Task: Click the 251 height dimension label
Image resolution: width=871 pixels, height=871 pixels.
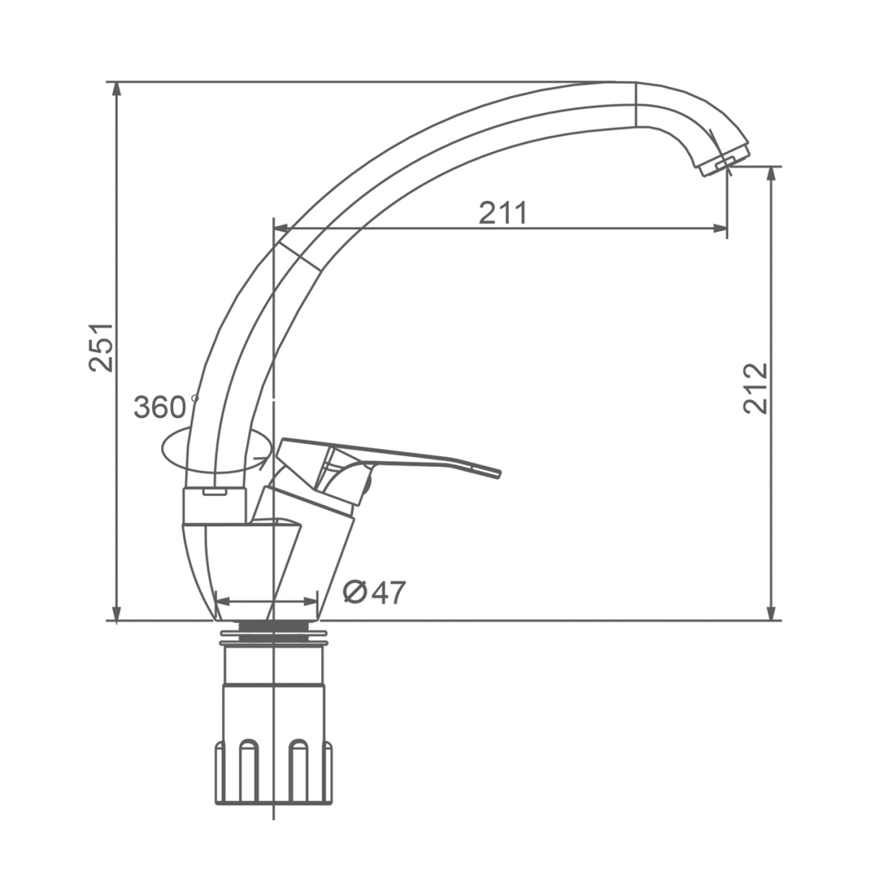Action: click(100, 348)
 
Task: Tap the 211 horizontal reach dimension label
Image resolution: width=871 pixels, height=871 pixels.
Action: click(503, 212)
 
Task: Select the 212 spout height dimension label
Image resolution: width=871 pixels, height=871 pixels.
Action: click(755, 388)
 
